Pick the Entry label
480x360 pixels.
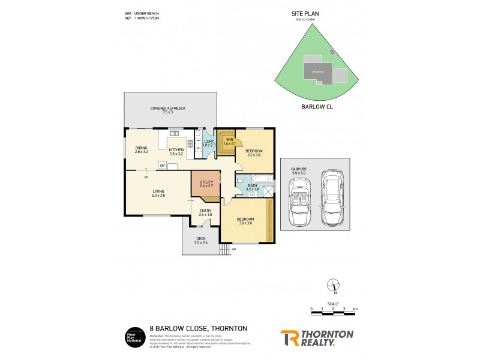tap(205, 212)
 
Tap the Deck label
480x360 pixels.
tap(201, 241)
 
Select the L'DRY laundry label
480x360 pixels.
tap(209, 143)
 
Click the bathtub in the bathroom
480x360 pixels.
tap(261, 179)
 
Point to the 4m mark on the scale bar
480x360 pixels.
tap(355, 309)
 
